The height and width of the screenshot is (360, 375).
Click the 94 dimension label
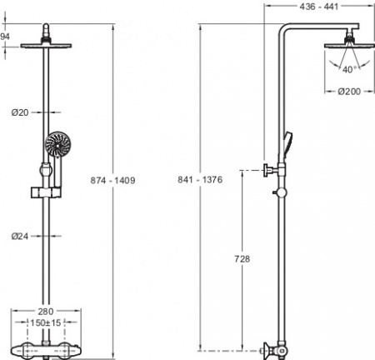tap(5, 37)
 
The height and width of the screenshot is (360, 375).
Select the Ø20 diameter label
tap(20, 112)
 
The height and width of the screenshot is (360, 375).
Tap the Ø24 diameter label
tap(20, 236)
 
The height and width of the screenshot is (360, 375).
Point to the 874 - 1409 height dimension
tap(112, 180)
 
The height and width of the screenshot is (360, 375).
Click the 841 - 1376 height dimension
tap(200, 179)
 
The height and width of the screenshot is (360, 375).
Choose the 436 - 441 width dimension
tap(319, 7)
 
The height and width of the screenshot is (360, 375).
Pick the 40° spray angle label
tap(349, 69)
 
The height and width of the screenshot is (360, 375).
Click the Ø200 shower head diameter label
tap(349, 92)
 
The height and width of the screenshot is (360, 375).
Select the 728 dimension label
tap(242, 259)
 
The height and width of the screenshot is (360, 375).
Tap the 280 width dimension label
tap(46, 312)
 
